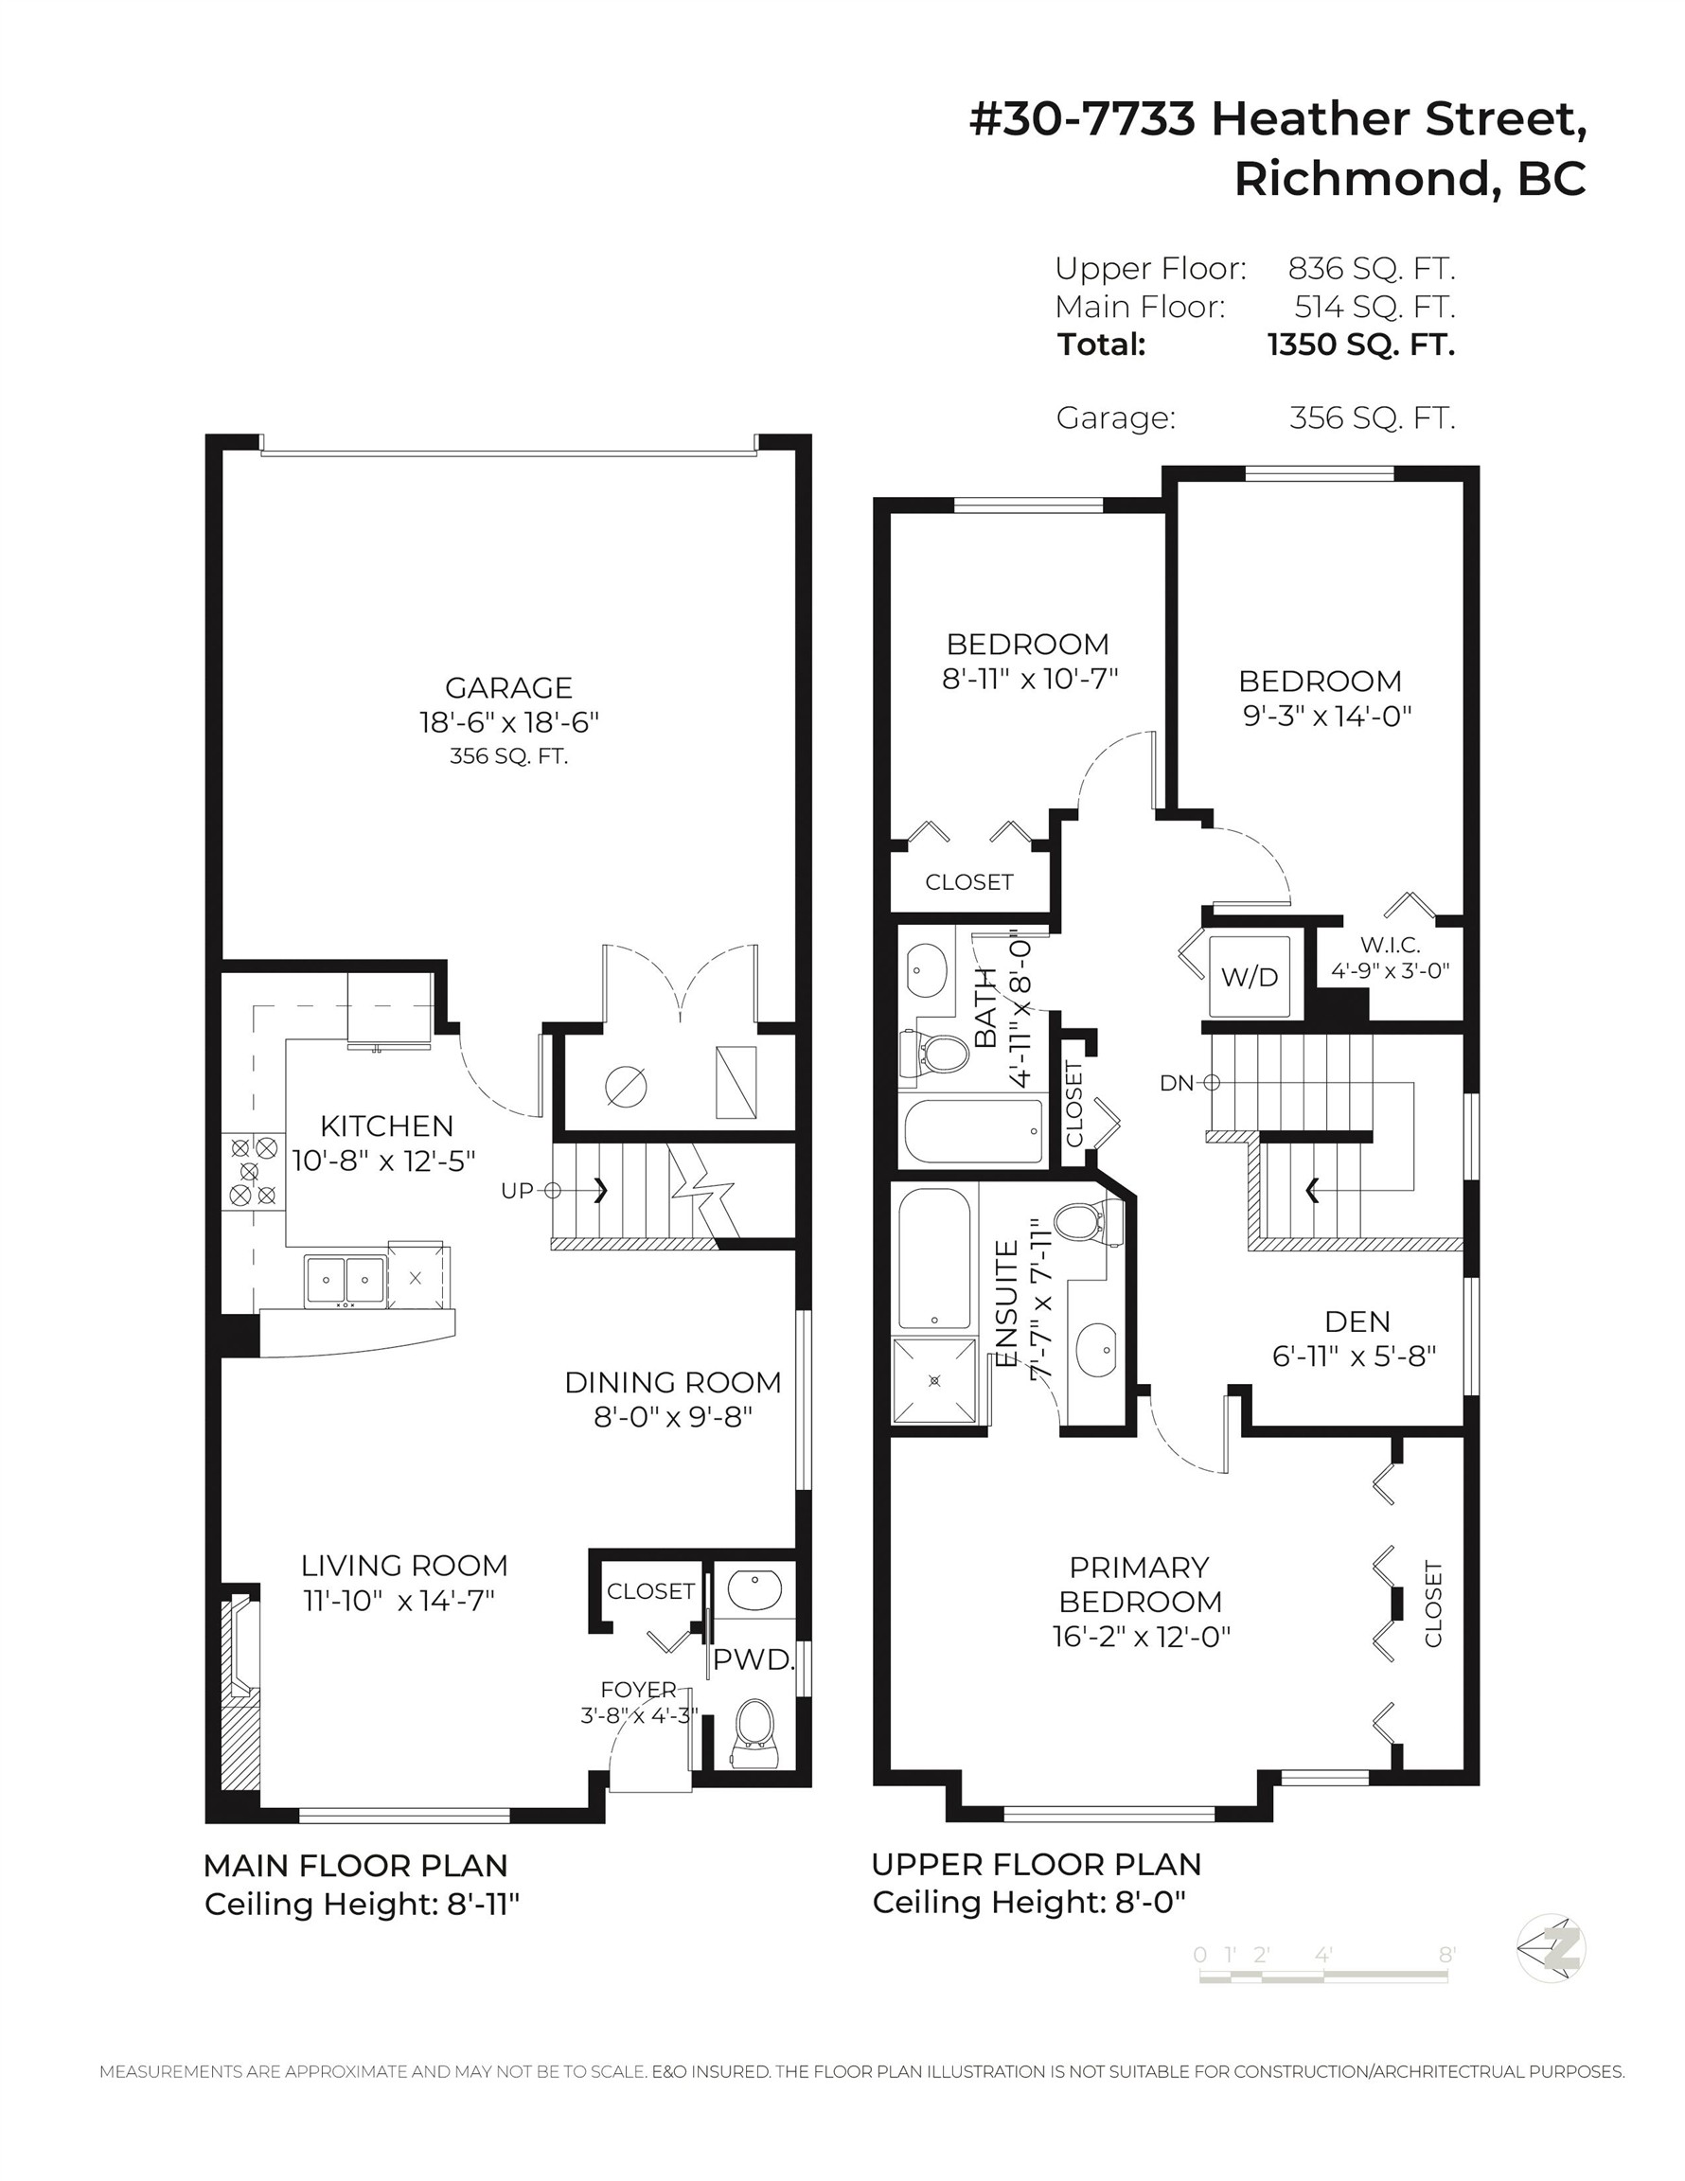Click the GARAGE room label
pyautogui.click(x=508, y=687)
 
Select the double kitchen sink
pyautogui.click(x=346, y=1279)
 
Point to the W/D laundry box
pyautogui.click(x=1249, y=976)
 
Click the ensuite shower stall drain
pyautogui.click(x=935, y=1380)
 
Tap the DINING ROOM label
pyautogui.click(x=672, y=1382)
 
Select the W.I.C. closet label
pyautogui.click(x=1390, y=945)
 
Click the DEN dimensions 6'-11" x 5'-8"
pyautogui.click(x=1354, y=1356)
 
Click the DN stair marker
pyautogui.click(x=1190, y=1083)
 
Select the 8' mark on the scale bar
pyautogui.click(x=1447, y=1955)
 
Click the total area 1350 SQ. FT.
pyautogui.click(x=1361, y=345)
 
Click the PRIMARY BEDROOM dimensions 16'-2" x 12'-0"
pyautogui.click(x=1141, y=1637)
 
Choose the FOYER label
pyautogui.click(x=638, y=1689)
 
